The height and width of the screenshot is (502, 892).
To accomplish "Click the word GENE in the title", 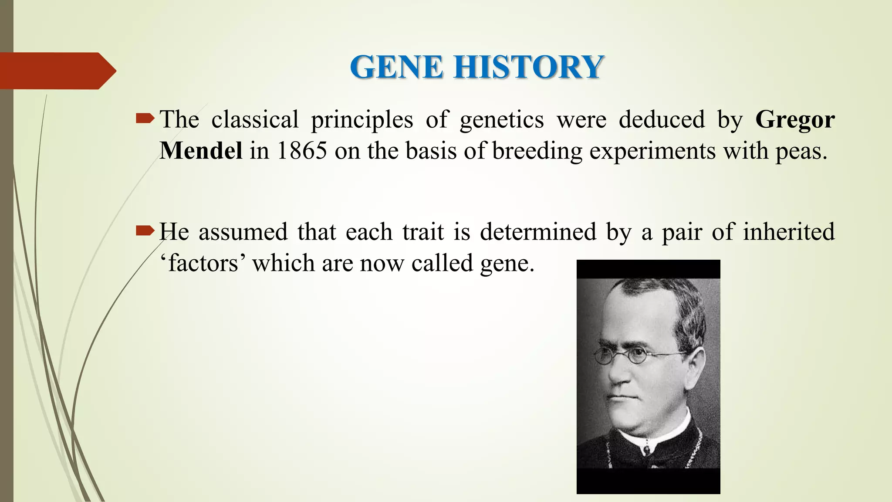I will click(x=396, y=68).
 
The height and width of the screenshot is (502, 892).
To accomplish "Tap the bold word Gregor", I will click(x=795, y=119).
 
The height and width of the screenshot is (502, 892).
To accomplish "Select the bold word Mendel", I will click(x=201, y=151).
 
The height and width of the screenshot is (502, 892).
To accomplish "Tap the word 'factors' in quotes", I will click(x=203, y=263).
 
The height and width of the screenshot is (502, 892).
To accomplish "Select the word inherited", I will click(x=788, y=231).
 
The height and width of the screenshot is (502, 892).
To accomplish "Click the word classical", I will click(x=255, y=119).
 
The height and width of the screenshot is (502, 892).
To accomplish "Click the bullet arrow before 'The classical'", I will click(x=145, y=118).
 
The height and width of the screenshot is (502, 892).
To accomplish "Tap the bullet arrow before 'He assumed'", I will click(x=145, y=230).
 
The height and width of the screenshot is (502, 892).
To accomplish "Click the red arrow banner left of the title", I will click(x=57, y=71).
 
